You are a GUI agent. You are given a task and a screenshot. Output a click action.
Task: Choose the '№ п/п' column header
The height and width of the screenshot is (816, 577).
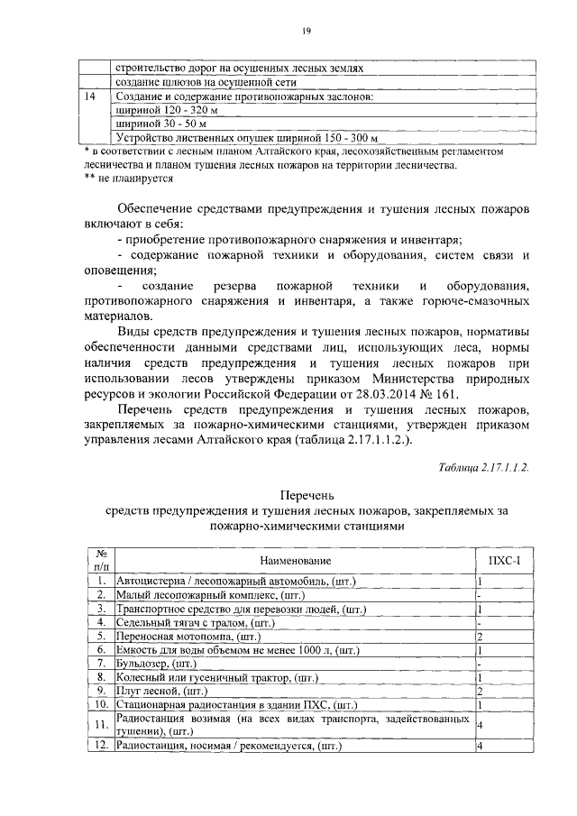click(x=101, y=560)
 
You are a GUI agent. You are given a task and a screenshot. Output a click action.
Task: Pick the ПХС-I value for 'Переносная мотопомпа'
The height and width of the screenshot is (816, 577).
click(x=481, y=637)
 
